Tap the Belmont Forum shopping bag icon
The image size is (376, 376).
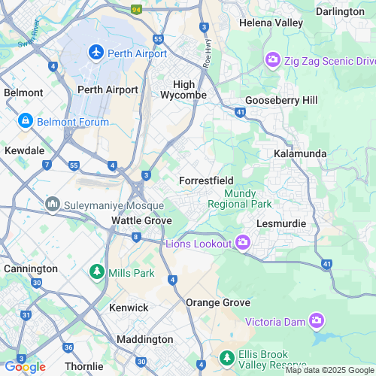pos(25,120)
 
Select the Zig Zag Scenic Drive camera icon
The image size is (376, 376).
pos(272,59)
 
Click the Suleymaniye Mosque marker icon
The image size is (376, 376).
pos(53,204)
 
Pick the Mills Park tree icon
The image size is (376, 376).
pos(97,271)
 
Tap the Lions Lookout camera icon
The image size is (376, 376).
pos(242,241)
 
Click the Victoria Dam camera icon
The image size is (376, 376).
pos(317,322)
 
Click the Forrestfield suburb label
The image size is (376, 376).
pos(206,181)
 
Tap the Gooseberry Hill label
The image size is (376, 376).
pos(281,100)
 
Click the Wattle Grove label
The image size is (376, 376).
pos(141,220)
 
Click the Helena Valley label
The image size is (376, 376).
pos(271,23)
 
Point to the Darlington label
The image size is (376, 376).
pos(339,11)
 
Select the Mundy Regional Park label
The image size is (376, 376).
pos(239,199)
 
